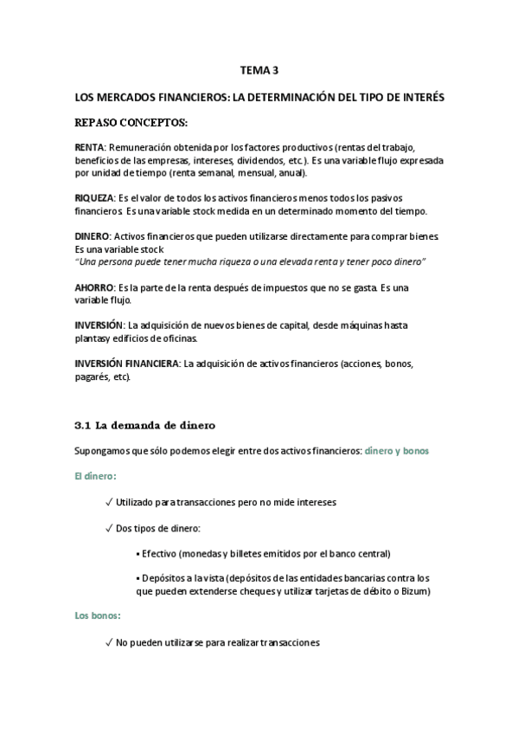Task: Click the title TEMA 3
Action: coord(259,73)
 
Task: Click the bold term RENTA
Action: coord(91,148)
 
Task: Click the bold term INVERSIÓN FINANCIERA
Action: coord(127,364)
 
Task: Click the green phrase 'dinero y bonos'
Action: coord(396,451)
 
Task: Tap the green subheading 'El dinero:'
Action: coord(96,476)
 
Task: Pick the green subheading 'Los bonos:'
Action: coord(99,616)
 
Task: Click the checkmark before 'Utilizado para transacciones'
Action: coord(108,502)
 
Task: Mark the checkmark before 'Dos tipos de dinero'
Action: coord(108,527)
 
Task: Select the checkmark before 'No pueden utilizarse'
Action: coord(108,642)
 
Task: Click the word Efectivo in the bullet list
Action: coord(160,553)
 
